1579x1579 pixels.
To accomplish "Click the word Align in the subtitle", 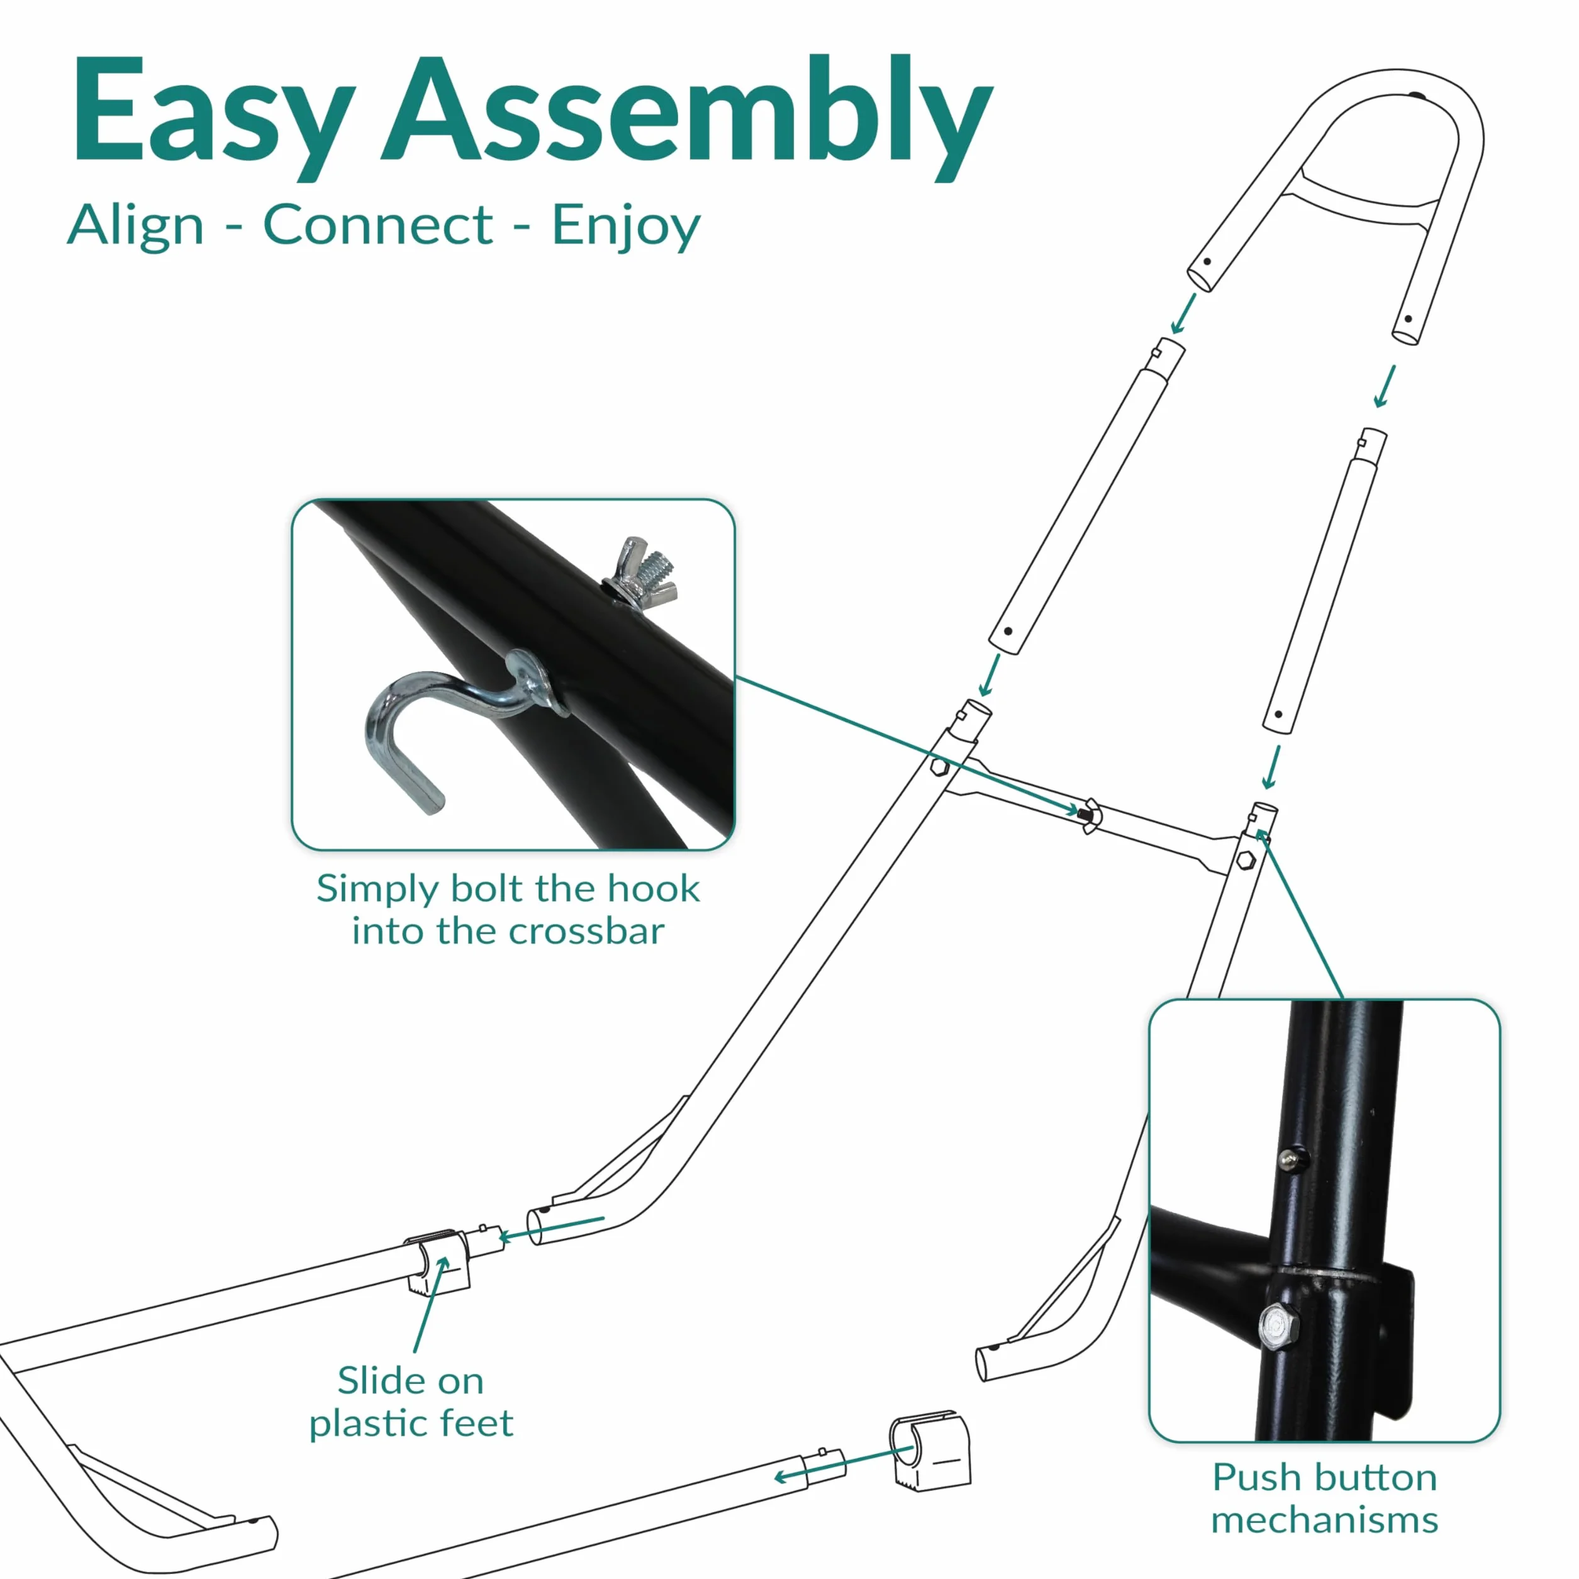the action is [136, 226].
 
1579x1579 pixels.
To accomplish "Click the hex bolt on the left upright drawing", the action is [940, 767].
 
